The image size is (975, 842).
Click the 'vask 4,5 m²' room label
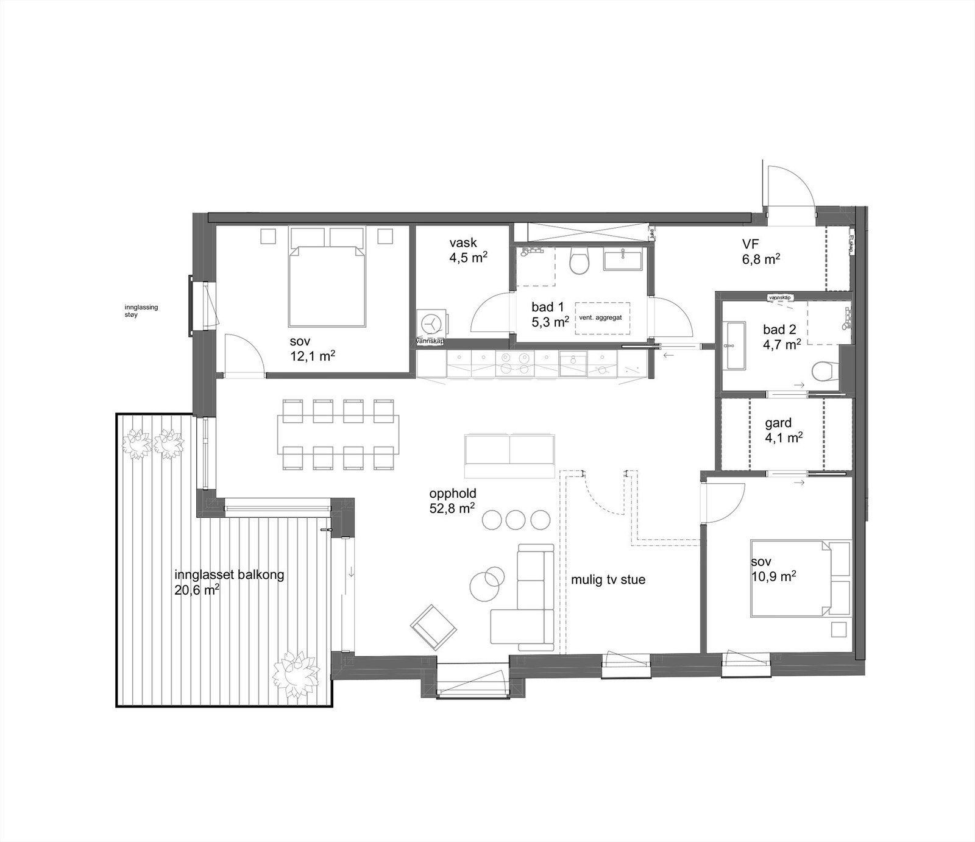pyautogui.click(x=467, y=250)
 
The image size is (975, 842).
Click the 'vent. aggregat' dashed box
pyautogui.click(x=601, y=317)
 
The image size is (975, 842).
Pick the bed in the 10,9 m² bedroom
pyautogui.click(x=790, y=577)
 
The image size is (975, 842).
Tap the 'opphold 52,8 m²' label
pyautogui.click(x=452, y=500)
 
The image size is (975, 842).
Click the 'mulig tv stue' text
pyautogui.click(x=608, y=579)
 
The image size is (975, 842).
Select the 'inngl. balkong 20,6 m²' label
pyautogui.click(x=229, y=581)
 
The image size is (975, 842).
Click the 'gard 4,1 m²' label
pyautogui.click(x=782, y=430)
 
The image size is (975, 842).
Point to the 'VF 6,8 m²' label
pyautogui.click(x=760, y=251)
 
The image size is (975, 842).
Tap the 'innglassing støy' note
pyautogui.click(x=141, y=311)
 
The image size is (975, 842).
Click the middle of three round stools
pyautogui.click(x=515, y=519)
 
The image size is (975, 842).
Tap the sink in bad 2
pyautogui.click(x=736, y=345)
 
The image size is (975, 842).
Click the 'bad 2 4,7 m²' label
pyautogui.click(x=781, y=336)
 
